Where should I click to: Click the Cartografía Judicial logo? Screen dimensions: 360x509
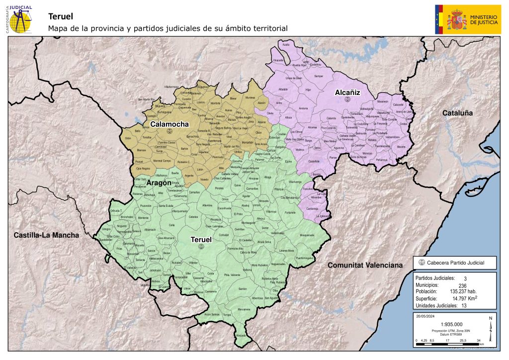[x=19, y=18]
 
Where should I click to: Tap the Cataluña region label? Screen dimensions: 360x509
[x=457, y=113]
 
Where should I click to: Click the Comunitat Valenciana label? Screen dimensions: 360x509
[x=364, y=266]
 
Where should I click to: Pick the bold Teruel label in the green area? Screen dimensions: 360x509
[x=202, y=240]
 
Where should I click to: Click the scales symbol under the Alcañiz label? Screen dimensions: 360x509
[x=347, y=99]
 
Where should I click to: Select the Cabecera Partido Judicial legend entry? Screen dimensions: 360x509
[x=452, y=263]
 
